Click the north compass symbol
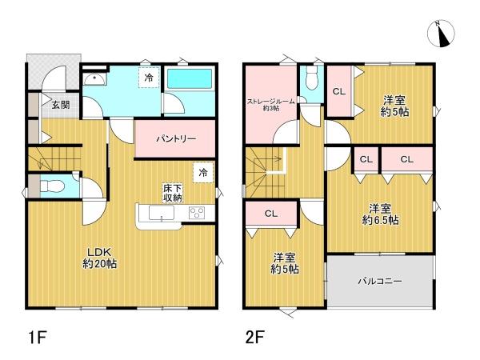441,34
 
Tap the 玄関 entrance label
61,105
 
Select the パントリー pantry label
176,139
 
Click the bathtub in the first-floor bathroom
190,78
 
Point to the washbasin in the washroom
95,79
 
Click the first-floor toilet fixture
52,186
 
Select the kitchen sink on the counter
162,213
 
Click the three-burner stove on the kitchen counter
197,213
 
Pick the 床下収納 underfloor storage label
173,193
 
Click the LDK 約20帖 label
100,258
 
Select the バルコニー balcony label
380,281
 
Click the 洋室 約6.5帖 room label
380,214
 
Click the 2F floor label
254,338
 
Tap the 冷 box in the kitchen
203,173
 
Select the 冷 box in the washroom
149,78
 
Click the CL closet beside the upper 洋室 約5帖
339,91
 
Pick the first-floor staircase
54,158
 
